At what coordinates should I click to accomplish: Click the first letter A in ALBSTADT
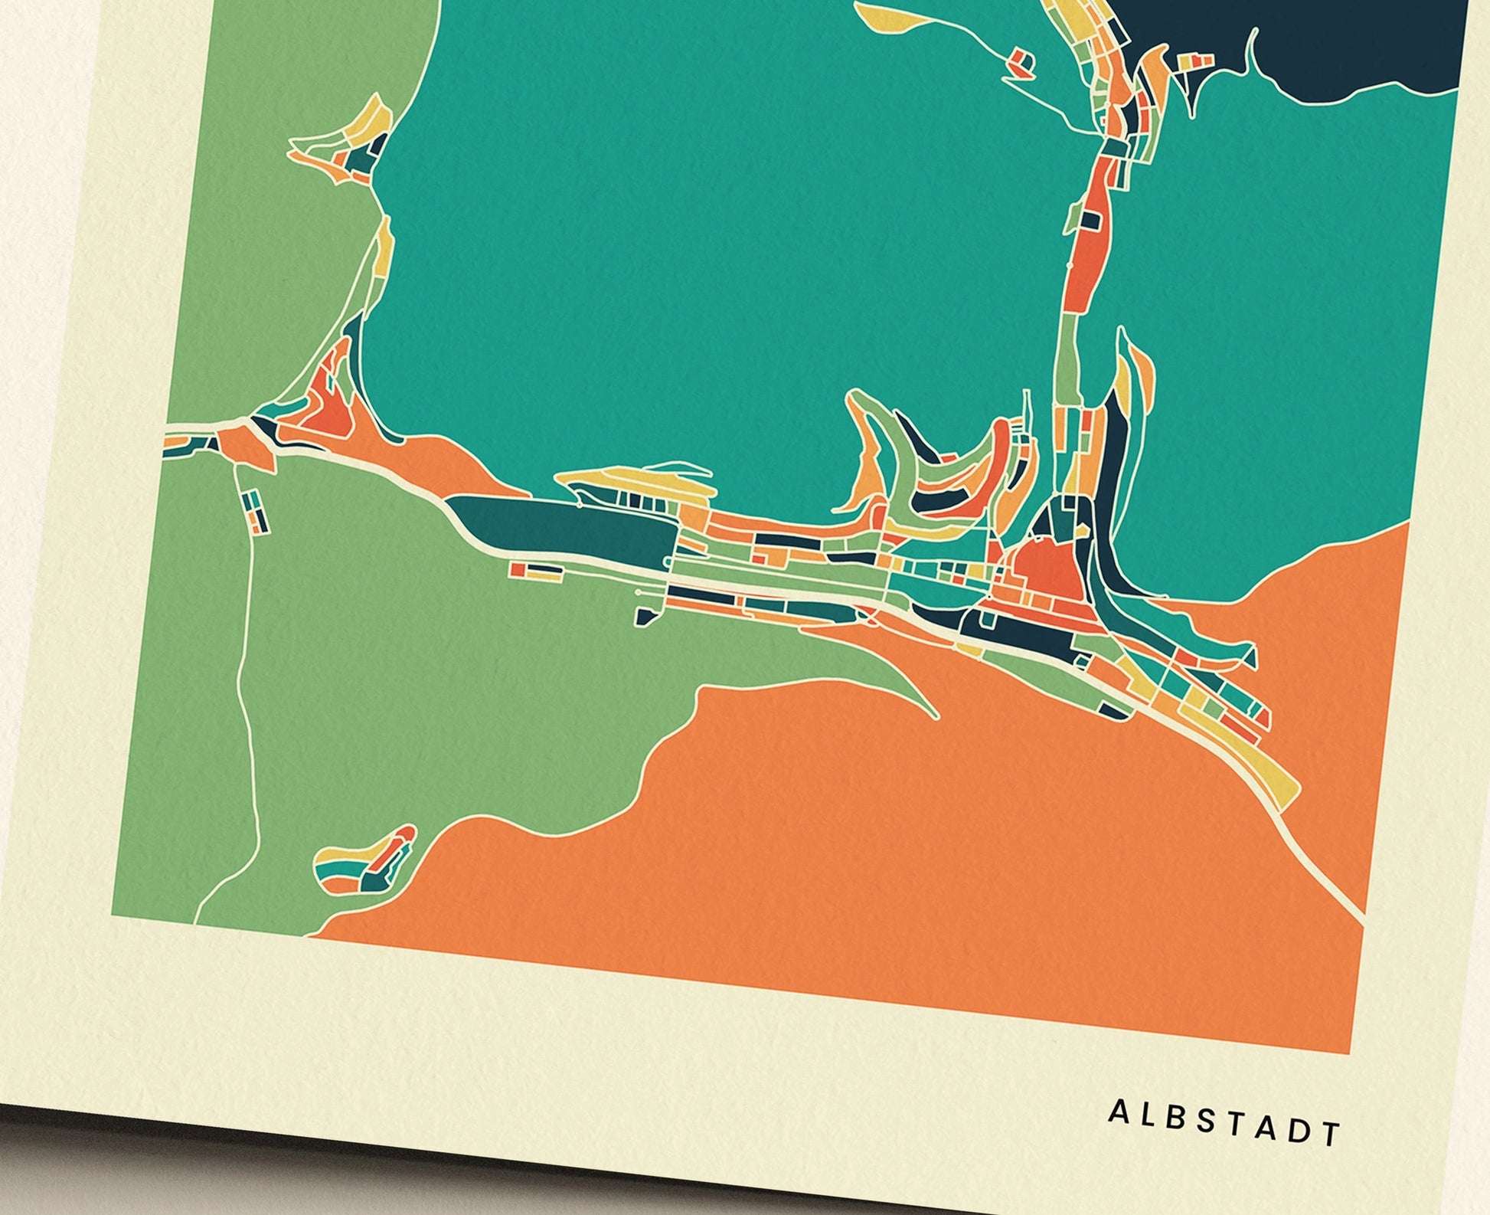[x=1118, y=1112]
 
